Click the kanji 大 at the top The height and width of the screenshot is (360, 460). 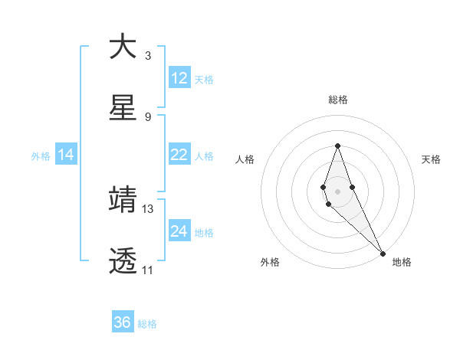pos(123,47)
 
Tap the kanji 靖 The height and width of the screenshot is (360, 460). pos(123,199)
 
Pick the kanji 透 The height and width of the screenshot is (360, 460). pos(123,260)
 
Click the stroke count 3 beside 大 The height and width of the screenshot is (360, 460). pos(148,56)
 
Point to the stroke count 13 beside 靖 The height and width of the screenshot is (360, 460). pos(148,208)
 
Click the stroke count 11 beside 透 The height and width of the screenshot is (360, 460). pos(148,270)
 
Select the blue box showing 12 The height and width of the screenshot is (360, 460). pos(179,78)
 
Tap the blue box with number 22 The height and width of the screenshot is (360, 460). pos(179,155)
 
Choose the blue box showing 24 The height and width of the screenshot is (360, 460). pos(179,231)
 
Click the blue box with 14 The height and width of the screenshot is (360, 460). pos(66,155)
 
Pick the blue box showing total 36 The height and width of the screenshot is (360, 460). pos(123,322)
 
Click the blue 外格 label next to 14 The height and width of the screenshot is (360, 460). pos(41,156)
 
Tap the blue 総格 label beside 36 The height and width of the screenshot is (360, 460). pos(147,324)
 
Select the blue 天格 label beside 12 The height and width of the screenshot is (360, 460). pos(204,80)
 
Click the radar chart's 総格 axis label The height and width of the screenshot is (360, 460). pos(338,100)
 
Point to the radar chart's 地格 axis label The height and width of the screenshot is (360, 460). pos(402,262)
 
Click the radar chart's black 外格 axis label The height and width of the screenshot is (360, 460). pos(270,262)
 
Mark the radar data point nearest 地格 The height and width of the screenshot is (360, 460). pos(383,253)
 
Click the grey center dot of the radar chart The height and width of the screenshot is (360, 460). pos(338,191)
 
